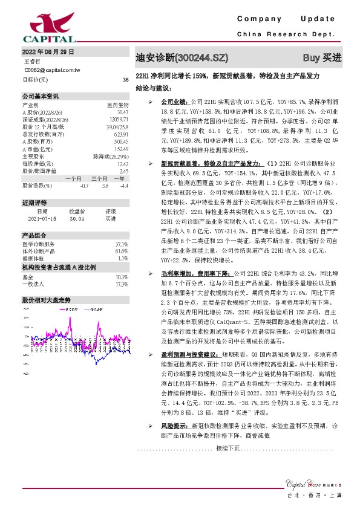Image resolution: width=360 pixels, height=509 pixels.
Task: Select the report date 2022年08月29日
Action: point(48,52)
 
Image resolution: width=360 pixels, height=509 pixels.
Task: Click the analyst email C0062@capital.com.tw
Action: point(52,70)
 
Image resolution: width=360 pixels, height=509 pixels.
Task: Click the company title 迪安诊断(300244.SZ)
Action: point(182,58)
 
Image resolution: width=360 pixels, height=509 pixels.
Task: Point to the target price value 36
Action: point(125,80)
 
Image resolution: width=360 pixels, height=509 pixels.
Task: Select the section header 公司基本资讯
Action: point(41,96)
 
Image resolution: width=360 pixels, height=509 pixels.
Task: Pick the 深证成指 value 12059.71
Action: point(119,120)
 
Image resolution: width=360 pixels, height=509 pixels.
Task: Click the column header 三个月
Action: point(99,179)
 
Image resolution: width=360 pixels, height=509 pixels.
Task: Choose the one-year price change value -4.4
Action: point(124,186)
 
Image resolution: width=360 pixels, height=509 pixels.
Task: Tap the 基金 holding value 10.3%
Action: point(122,259)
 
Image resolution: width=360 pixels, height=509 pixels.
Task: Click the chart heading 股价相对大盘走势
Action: point(47,283)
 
